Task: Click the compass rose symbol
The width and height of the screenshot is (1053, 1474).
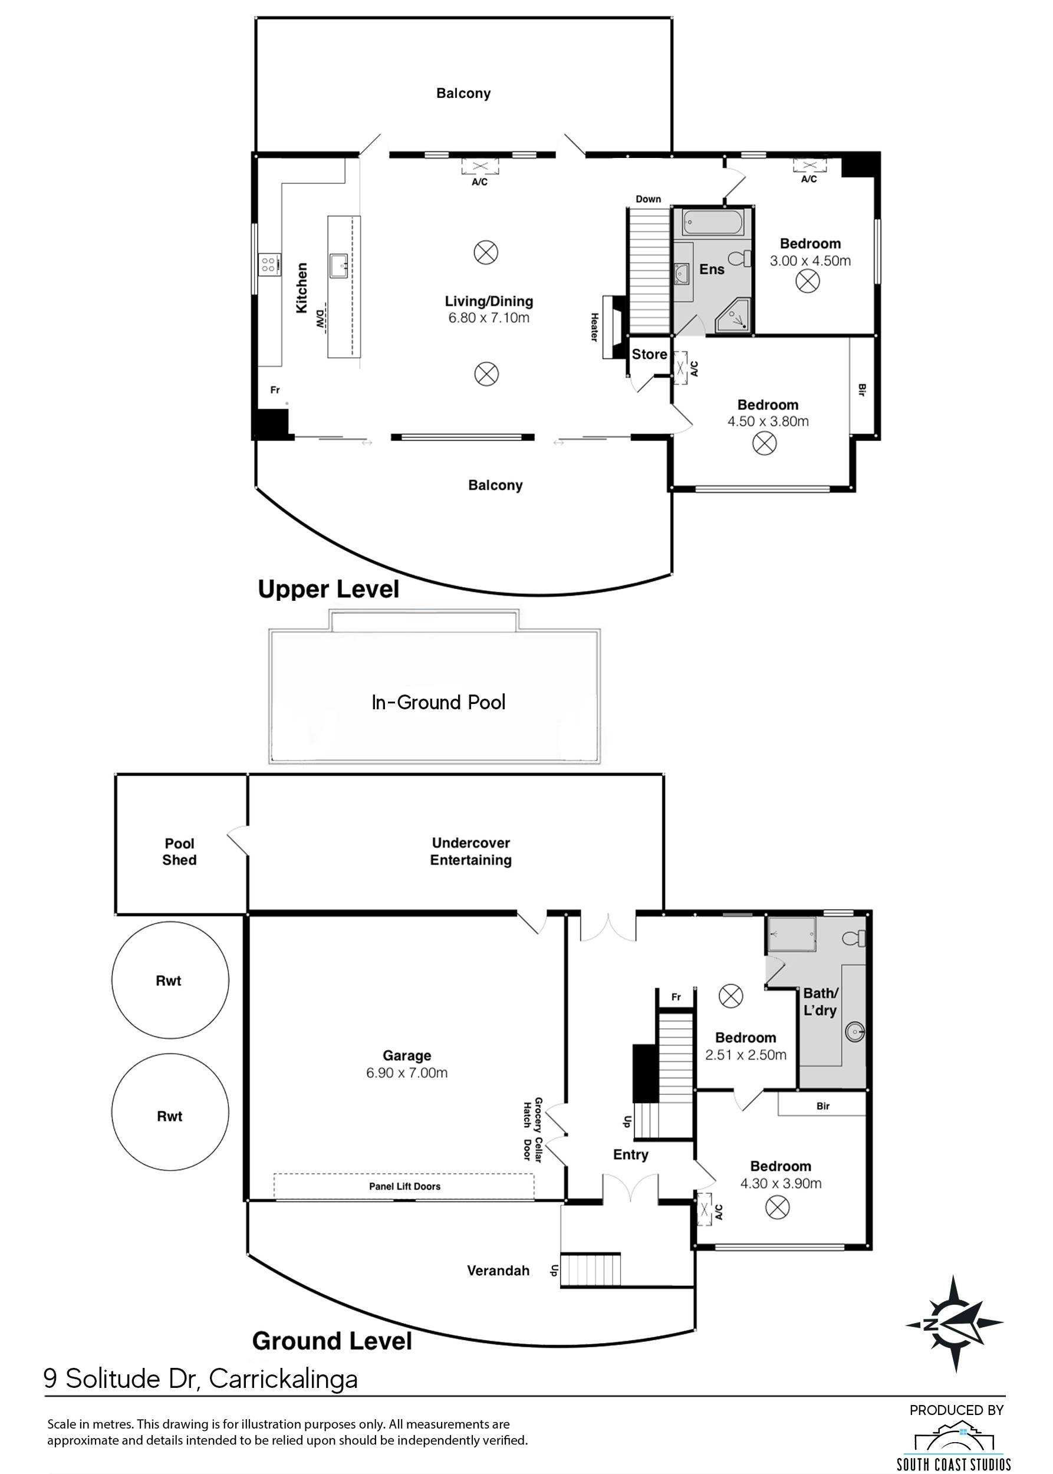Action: pyautogui.click(x=955, y=1324)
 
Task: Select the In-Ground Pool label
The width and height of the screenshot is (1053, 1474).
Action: pyautogui.click(x=438, y=702)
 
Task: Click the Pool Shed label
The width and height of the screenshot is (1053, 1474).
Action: pyautogui.click(x=180, y=851)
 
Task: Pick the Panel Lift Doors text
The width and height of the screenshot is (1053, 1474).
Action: pyautogui.click(x=404, y=1186)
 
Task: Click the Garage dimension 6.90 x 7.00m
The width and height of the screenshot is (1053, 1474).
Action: pyautogui.click(x=407, y=1072)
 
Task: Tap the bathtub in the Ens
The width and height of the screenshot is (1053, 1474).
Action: pyautogui.click(x=711, y=222)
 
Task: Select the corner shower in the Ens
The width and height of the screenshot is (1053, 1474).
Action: pyautogui.click(x=733, y=316)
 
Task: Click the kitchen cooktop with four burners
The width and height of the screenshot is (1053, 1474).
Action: pyautogui.click(x=269, y=264)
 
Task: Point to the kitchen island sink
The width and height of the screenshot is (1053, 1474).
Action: pyautogui.click(x=340, y=265)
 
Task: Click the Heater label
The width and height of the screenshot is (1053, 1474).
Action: pyautogui.click(x=594, y=327)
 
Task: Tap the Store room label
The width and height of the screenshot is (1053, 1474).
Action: pyautogui.click(x=649, y=354)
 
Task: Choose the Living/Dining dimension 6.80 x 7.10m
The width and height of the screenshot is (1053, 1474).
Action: pyautogui.click(x=489, y=318)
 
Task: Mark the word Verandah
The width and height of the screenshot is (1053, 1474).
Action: pyautogui.click(x=498, y=1271)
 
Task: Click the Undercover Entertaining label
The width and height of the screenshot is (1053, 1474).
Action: pyautogui.click(x=470, y=851)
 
